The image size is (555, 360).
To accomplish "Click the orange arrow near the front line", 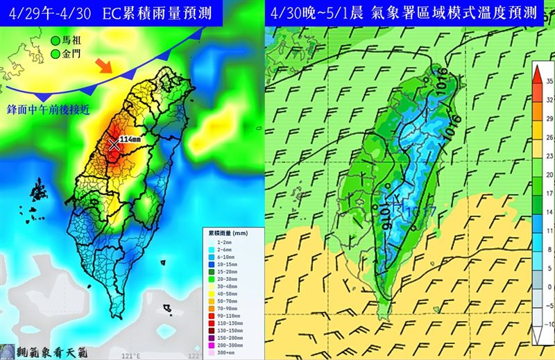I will pos(103,66).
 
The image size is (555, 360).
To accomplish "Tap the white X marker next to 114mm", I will pos(114,144).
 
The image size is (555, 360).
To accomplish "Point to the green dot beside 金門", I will pos(55,53).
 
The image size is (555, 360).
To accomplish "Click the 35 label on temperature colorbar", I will pos(547,81).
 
